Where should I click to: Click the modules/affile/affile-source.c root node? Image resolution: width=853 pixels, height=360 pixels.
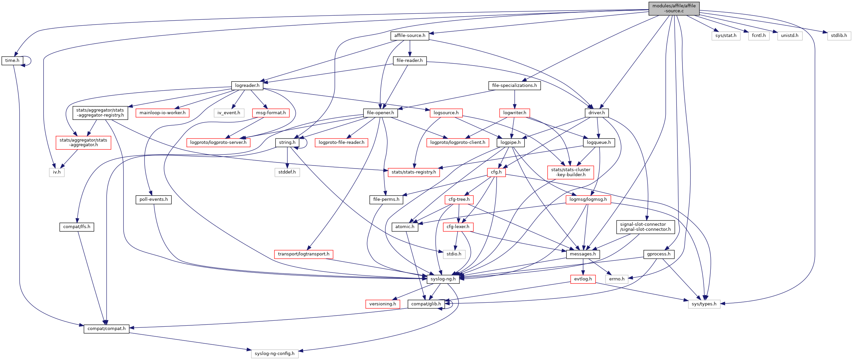pos(674,8)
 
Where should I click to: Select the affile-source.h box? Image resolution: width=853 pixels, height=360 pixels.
pos(409,36)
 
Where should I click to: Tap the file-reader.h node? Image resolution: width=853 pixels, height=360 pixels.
pos(409,61)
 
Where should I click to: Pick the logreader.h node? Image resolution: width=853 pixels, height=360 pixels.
pos(247,86)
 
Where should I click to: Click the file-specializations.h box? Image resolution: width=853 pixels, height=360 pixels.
pos(514,86)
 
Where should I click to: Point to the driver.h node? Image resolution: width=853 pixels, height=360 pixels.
pos(597,113)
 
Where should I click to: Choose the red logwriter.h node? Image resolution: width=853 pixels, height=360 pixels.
pos(515,113)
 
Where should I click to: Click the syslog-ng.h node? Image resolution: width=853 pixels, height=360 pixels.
pos(443,279)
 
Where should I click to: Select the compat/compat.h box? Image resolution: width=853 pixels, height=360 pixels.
pos(106,329)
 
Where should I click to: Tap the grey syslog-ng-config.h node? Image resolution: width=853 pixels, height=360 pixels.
pos(274,354)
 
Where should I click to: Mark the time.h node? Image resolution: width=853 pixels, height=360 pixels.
pos(12,61)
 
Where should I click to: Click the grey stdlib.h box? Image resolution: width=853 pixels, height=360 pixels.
pos(839,36)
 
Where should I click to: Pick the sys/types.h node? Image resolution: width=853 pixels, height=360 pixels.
pos(704,304)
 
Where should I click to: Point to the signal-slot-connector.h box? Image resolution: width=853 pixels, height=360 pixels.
pos(645,227)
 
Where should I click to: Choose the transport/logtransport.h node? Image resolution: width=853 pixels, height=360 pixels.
pos(303,254)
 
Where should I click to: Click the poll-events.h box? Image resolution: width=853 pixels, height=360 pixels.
pos(153,199)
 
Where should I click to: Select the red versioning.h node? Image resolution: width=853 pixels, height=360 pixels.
pos(382,304)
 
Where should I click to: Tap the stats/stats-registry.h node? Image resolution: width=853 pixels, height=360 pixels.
pos(413,172)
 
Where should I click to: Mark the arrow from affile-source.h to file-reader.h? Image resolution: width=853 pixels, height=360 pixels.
pos(409,48)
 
